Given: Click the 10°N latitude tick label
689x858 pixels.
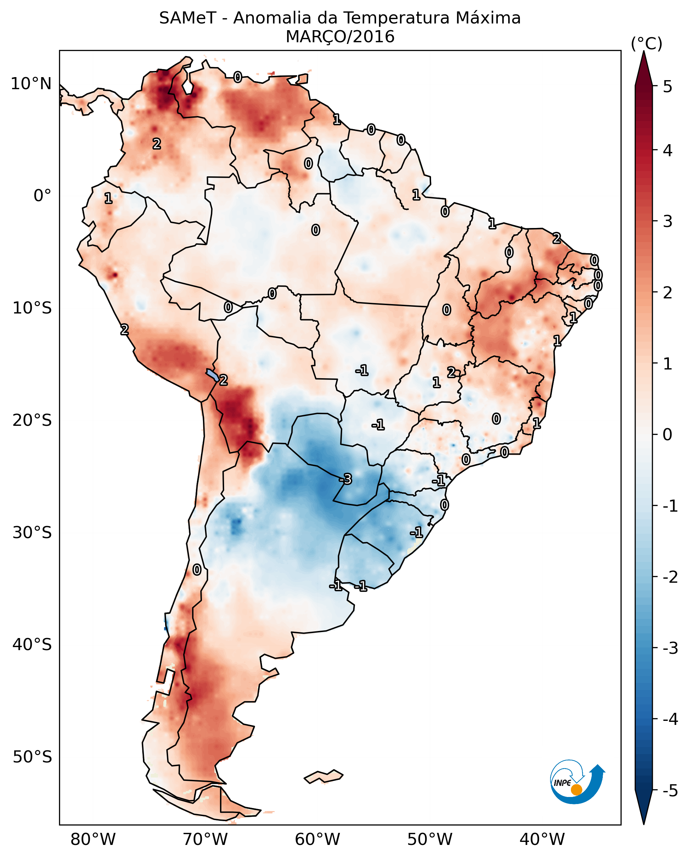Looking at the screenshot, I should (x=31, y=84).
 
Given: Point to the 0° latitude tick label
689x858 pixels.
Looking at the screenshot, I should (x=42, y=196).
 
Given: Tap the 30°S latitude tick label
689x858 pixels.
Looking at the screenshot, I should (x=32, y=532).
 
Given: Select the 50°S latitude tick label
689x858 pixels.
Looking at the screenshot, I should (x=32, y=757).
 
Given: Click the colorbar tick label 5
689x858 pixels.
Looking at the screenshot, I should (x=668, y=87).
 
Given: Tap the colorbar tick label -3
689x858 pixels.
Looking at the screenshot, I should (x=670, y=648).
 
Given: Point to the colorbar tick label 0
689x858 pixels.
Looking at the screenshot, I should (x=668, y=435).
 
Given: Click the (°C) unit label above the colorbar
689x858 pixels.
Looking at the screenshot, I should (x=646, y=44).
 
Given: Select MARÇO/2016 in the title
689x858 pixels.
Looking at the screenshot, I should (x=340, y=37).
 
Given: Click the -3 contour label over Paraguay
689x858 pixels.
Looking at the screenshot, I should (x=346, y=479).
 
